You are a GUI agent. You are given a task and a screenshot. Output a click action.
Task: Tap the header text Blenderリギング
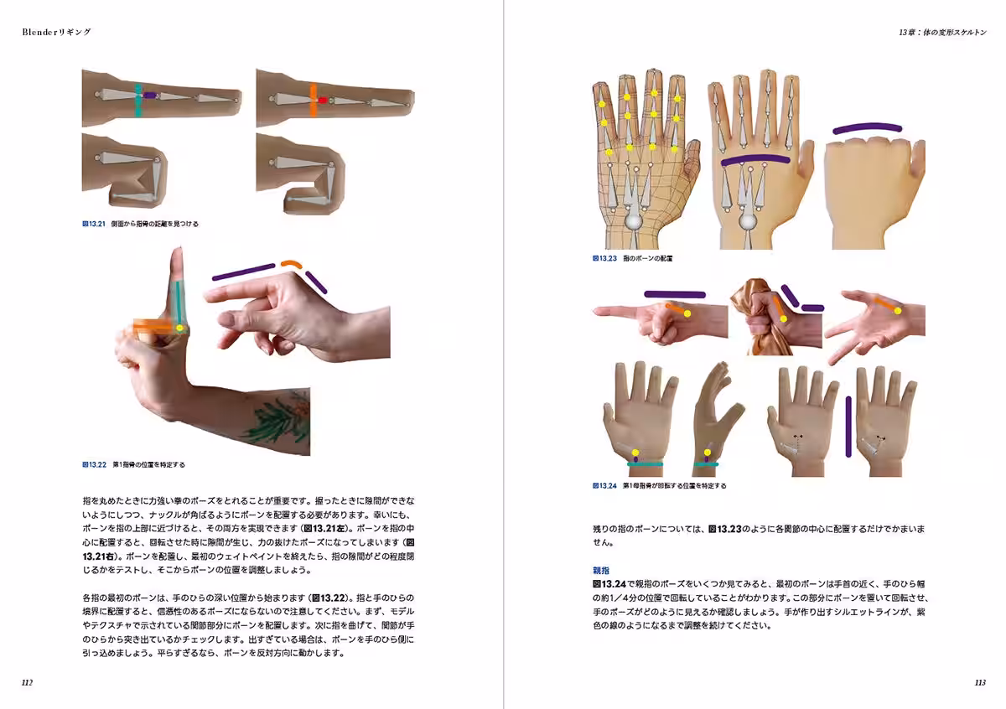pos(56,32)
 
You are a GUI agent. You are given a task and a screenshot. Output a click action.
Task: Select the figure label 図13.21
pos(93,224)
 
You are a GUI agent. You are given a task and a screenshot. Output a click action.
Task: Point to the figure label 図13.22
pos(93,463)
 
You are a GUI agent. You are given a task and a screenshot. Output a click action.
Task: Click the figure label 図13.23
pos(604,259)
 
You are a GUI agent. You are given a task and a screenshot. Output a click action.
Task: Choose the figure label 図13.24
pos(604,485)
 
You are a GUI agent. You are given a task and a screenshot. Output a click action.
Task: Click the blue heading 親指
pos(601,570)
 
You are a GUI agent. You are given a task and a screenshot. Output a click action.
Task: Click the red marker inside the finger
pos(322,100)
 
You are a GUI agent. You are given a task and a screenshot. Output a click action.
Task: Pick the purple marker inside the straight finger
pos(150,96)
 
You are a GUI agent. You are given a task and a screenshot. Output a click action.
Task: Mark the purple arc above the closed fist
pos(867,128)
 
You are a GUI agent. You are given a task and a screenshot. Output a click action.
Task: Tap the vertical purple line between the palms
pos(849,427)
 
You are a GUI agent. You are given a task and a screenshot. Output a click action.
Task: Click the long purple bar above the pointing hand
pos(675,294)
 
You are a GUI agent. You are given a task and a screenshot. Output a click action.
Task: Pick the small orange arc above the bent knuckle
pos(291,264)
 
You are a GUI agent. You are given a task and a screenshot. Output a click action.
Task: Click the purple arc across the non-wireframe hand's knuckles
pos(754,159)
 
